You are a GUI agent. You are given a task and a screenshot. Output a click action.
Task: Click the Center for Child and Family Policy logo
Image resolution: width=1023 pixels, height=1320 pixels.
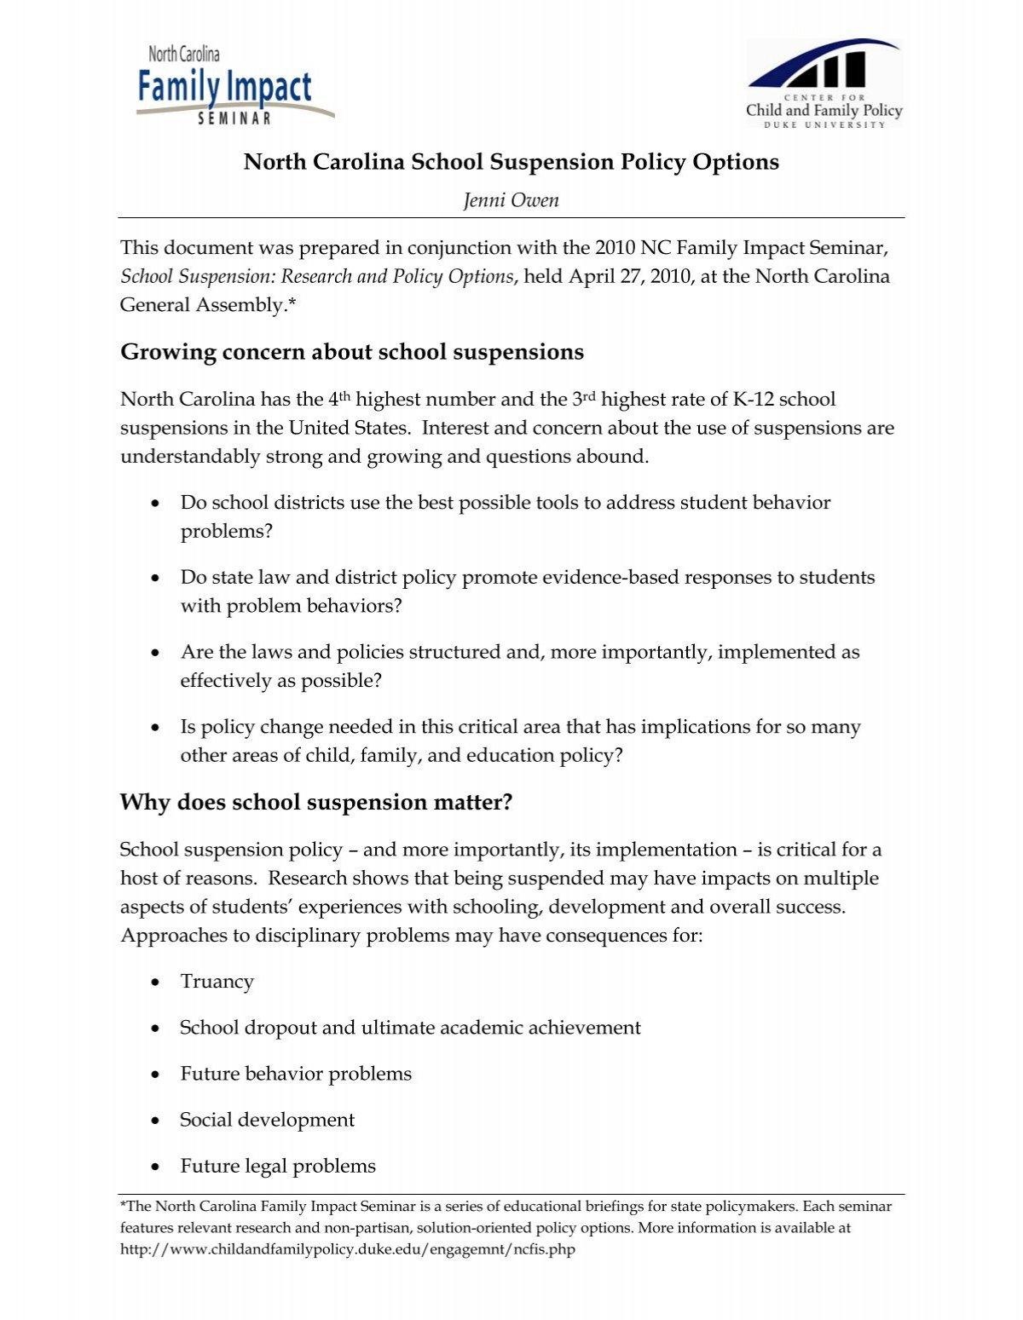click(824, 84)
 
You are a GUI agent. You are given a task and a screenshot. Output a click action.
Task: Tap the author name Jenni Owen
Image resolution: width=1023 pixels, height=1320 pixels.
click(511, 199)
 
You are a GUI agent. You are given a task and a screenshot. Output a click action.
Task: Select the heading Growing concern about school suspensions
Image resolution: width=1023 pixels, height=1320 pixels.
click(352, 352)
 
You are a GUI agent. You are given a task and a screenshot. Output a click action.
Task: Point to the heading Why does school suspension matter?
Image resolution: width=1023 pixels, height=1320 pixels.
click(316, 802)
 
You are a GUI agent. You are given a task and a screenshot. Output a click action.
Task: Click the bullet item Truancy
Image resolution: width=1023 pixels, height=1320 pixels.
click(217, 982)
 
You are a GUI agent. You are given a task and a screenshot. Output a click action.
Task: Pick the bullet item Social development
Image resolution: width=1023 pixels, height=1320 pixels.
click(267, 1120)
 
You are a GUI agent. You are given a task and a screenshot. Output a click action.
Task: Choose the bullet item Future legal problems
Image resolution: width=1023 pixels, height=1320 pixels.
click(278, 1166)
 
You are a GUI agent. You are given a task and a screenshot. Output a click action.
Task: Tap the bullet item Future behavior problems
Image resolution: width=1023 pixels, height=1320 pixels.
click(296, 1074)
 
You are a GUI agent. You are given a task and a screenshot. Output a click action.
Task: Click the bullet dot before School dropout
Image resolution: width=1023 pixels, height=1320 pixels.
click(154, 1029)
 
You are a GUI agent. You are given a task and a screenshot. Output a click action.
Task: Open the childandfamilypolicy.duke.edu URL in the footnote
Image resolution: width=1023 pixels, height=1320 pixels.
click(348, 1249)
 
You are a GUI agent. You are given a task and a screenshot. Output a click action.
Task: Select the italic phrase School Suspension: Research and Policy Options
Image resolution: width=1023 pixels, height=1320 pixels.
click(317, 276)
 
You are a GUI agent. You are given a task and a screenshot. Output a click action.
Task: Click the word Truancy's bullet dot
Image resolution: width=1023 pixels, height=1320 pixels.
click(154, 983)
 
